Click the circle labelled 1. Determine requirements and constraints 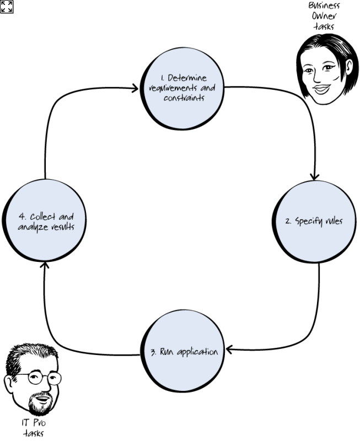coord(184,88)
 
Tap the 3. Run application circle coord(184,351)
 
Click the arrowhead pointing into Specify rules coord(314,176)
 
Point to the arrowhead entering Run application coord(230,349)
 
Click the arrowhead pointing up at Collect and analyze coord(45,266)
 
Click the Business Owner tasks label coord(324,15)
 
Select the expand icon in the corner coord(7,7)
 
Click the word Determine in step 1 coord(187,78)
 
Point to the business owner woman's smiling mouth coord(321,88)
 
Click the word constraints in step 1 coord(184,98)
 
